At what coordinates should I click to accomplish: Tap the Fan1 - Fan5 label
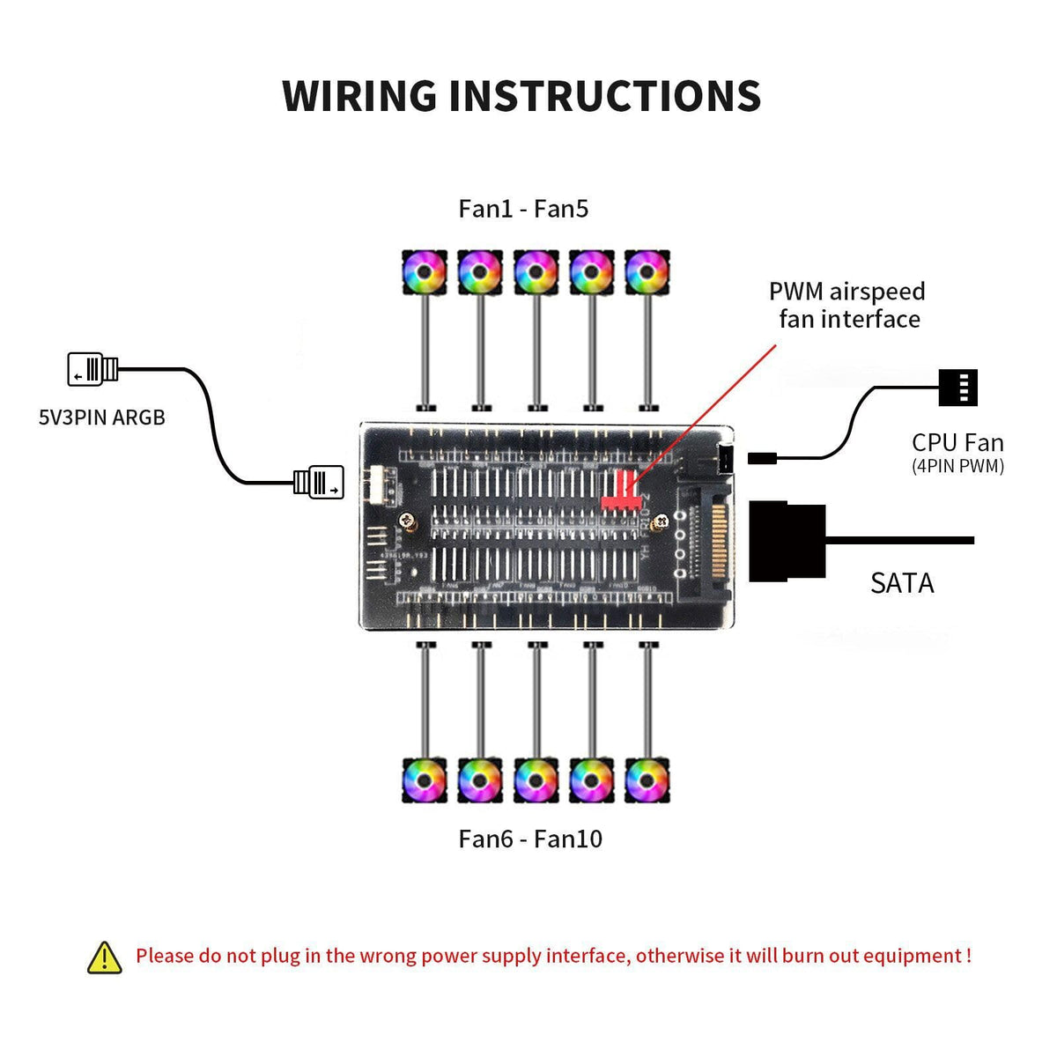pos(523,209)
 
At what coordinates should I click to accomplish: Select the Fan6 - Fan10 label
pos(530,839)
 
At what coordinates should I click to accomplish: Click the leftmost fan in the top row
pos(425,273)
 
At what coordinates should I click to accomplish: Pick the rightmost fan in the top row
pos(647,273)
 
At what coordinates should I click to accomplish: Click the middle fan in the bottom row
pos(536,780)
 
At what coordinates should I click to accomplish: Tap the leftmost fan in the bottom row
pos(425,780)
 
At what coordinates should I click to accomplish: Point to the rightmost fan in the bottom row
pos(647,780)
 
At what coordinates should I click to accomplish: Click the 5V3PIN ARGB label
pos(102,418)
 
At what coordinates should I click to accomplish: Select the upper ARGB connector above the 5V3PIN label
pos(92,369)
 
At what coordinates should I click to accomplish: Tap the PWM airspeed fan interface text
pos(847,305)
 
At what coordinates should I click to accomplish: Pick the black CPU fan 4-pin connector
pos(957,388)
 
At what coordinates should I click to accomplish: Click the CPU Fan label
pos(957,443)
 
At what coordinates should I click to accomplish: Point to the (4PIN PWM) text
pos(957,467)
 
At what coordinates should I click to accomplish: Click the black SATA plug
pos(787,541)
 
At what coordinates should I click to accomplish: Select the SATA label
pos(902,583)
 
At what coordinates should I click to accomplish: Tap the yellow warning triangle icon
pos(105,957)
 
